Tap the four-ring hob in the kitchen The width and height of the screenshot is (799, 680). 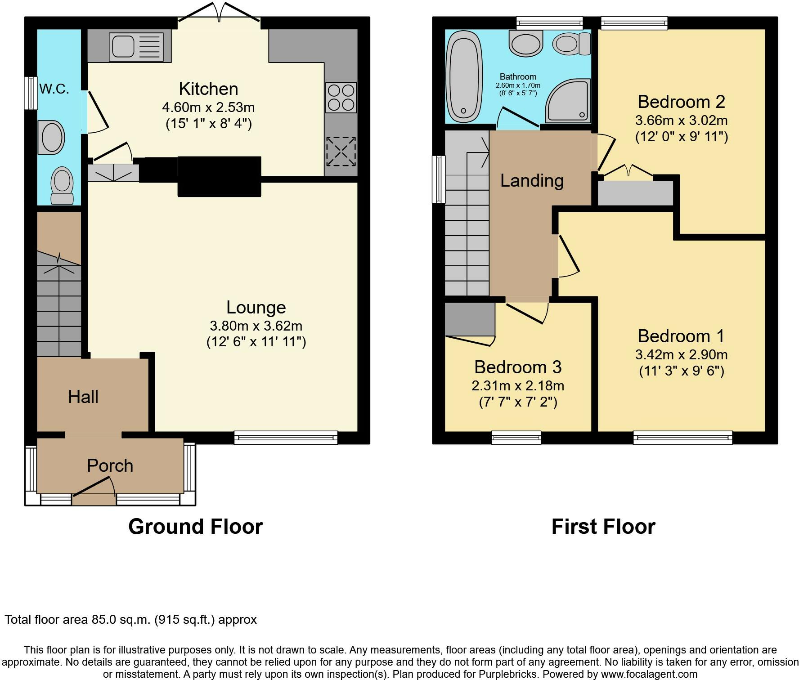341,98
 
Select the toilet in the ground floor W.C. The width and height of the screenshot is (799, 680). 62,186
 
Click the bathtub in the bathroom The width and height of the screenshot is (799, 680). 464,77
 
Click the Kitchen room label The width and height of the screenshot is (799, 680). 208,89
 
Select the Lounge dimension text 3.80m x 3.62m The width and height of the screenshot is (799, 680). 256,326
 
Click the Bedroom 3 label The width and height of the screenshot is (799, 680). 518,367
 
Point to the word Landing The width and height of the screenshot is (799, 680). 532,180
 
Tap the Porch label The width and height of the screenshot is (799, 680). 110,465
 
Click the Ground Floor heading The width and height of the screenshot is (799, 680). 196,527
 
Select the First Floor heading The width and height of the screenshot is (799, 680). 603,527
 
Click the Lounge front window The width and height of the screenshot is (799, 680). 286,438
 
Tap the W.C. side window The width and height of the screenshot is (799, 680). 31,93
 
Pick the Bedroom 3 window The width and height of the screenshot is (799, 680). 516,438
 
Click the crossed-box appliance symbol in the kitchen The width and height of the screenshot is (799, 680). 341,152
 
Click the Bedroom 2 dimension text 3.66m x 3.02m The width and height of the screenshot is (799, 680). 681,121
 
